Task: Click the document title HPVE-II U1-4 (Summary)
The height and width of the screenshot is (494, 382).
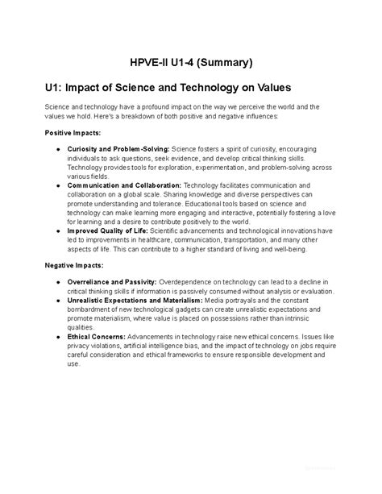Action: coord(192,61)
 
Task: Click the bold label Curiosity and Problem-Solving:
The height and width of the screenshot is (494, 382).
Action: coord(118,150)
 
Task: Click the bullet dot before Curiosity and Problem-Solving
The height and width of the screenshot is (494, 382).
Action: coord(58,150)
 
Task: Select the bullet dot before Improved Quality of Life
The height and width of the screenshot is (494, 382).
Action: coord(58,230)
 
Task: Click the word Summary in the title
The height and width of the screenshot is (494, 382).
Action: coord(226,61)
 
